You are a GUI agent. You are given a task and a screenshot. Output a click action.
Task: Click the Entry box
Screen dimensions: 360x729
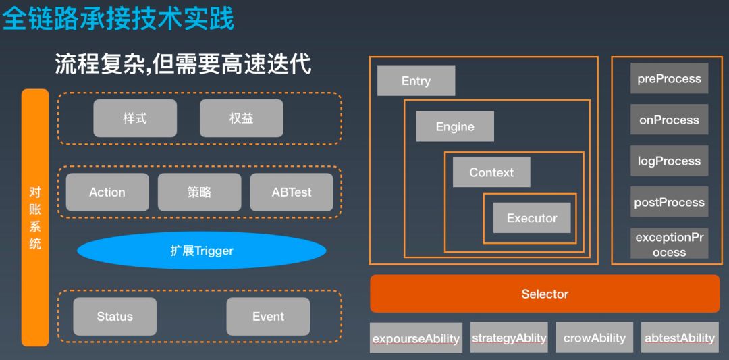coord(416,80)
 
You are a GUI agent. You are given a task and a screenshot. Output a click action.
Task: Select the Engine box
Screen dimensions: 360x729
coord(455,126)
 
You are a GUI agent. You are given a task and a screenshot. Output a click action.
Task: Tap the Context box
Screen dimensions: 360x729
coord(491,172)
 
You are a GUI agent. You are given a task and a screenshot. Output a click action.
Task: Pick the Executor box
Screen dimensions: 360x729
coord(532,217)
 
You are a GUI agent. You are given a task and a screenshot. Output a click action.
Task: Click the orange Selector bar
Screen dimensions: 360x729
coord(545,294)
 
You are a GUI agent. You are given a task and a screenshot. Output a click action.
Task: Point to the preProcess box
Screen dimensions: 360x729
coord(669,78)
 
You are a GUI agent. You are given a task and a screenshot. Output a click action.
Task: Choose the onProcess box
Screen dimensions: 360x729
coord(669,120)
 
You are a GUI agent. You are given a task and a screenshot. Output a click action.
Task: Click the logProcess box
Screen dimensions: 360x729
coord(669,161)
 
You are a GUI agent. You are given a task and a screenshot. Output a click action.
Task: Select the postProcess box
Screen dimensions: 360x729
coord(669,202)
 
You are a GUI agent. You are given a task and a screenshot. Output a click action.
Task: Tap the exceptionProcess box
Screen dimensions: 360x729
coord(669,245)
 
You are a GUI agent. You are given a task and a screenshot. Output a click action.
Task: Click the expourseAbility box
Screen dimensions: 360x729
coord(416,338)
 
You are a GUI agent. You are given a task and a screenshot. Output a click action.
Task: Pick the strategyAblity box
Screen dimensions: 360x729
coord(509,338)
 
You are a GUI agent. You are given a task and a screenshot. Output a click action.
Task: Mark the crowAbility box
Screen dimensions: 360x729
coord(594,338)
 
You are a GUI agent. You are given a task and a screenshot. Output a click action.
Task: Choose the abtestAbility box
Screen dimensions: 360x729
coord(679,338)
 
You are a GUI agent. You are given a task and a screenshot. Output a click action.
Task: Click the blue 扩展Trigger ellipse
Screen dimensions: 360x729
coord(201,251)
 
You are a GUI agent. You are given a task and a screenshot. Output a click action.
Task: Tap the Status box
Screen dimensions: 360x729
coord(115,316)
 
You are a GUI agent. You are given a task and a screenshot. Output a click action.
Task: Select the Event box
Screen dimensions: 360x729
coord(268,316)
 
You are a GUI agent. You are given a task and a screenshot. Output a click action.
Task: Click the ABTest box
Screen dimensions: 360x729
coord(292,192)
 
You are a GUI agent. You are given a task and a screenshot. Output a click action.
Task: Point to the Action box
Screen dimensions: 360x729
coord(107,192)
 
